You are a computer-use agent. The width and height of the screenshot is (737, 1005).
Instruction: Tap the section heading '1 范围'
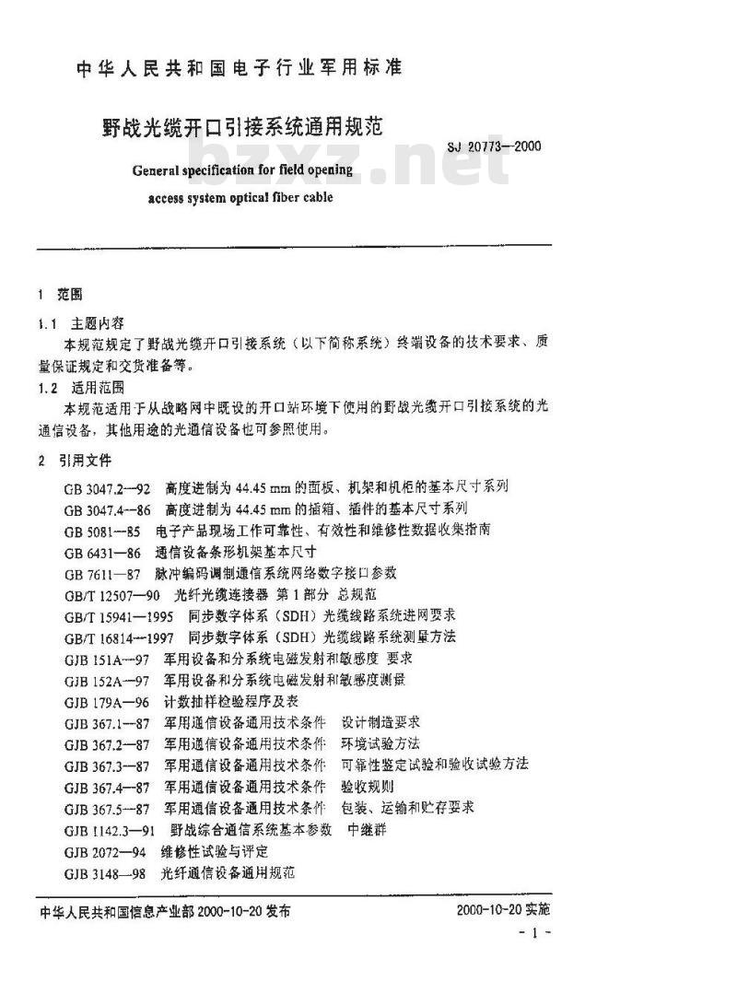pos(60,295)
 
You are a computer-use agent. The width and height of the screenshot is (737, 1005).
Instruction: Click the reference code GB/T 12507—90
pos(113,594)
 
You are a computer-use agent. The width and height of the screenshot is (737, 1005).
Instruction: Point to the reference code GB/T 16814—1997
pos(120,637)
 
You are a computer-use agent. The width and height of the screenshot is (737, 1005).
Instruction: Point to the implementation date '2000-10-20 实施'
pos(502,911)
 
